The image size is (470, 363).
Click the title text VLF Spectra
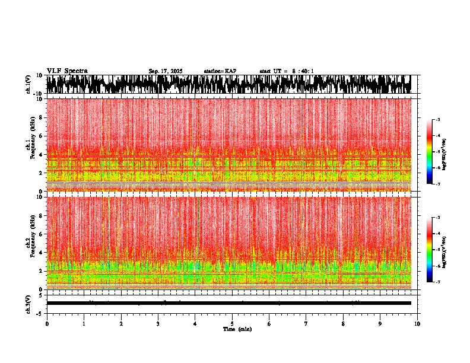point(67,71)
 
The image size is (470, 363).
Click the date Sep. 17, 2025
point(166,71)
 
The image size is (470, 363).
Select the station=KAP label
point(220,71)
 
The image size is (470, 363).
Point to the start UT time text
point(287,71)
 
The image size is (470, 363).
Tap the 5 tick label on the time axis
point(232,324)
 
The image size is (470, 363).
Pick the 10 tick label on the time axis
point(417,324)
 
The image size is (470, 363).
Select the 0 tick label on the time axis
point(47,324)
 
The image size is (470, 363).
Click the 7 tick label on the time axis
point(306,324)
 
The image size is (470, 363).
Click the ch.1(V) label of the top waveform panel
point(28,84)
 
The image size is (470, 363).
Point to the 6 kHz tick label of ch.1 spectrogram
point(40,136)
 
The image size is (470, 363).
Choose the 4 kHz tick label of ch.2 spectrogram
point(40,253)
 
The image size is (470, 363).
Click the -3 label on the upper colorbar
point(437,120)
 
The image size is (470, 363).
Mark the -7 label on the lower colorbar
point(437,282)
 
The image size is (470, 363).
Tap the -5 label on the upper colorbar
point(437,152)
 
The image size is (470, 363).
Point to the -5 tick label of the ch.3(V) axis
point(40,313)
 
